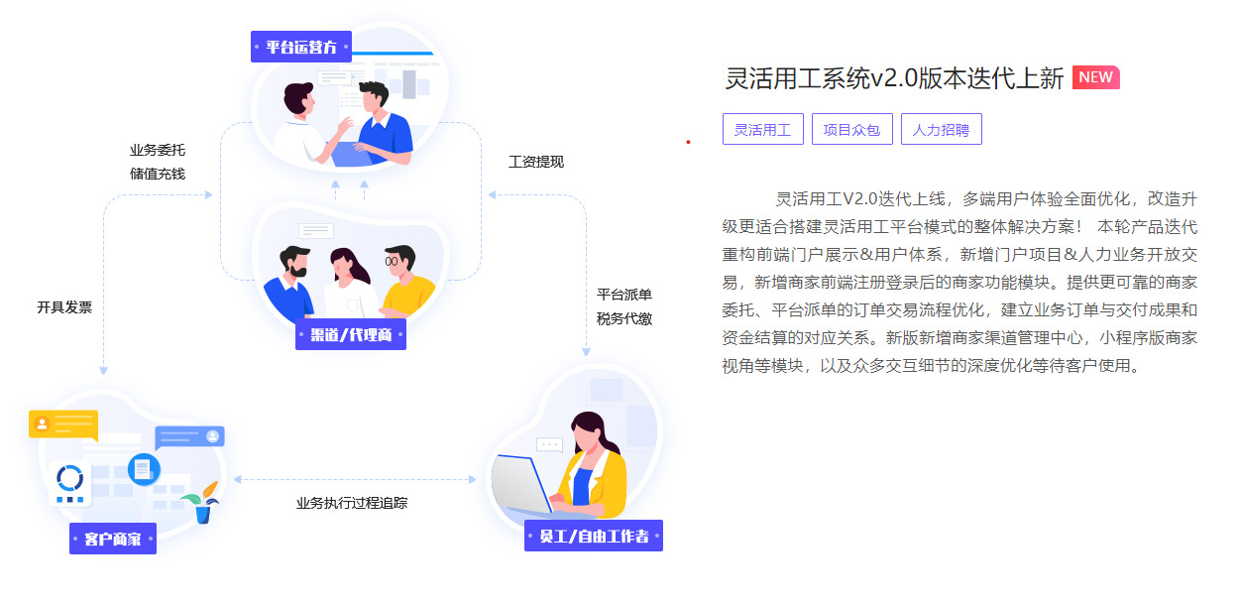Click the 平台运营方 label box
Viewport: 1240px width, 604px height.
click(x=301, y=47)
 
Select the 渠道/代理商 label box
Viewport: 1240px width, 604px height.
click(x=351, y=334)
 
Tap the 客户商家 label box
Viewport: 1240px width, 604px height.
click(x=113, y=539)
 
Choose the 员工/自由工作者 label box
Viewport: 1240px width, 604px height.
click(x=594, y=536)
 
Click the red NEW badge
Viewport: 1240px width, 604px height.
click(x=1095, y=77)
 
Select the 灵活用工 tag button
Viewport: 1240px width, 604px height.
click(x=763, y=129)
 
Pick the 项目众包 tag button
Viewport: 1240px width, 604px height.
click(x=852, y=129)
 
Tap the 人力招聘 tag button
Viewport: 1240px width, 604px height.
click(x=941, y=129)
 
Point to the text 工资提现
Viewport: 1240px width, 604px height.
click(x=536, y=162)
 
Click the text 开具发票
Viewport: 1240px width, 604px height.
click(x=64, y=307)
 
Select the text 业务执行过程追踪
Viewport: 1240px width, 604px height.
click(x=352, y=503)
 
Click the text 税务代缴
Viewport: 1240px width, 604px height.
click(x=623, y=318)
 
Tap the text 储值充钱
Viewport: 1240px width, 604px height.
click(x=158, y=174)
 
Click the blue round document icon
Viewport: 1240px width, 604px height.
click(x=144, y=469)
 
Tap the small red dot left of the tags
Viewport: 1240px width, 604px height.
click(x=688, y=143)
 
